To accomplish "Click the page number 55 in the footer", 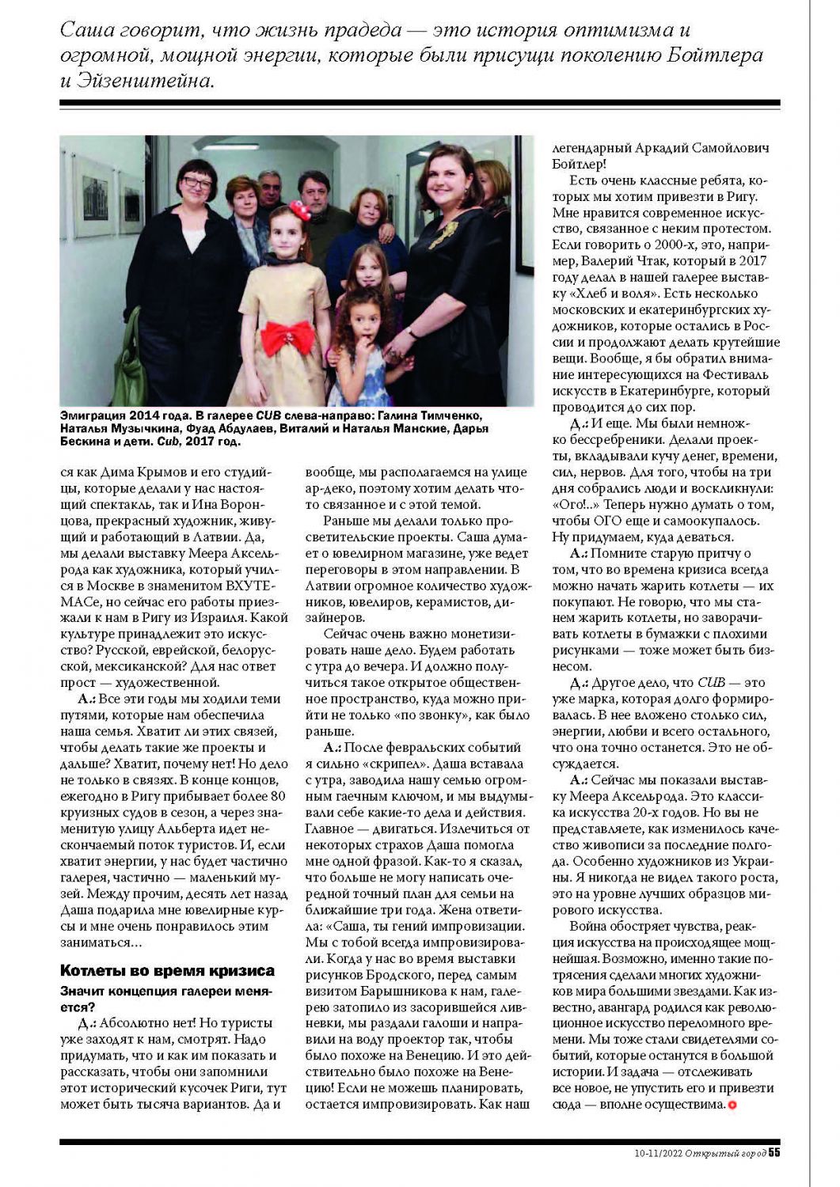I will tap(774, 1152).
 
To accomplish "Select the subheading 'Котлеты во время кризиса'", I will tap(168, 970).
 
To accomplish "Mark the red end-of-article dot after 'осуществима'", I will tap(732, 1105).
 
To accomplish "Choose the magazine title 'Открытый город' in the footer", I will tap(726, 1152).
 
